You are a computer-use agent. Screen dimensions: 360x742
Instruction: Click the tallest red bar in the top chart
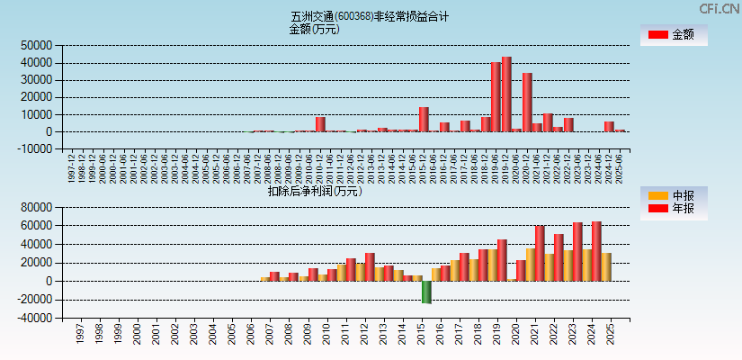click(x=506, y=94)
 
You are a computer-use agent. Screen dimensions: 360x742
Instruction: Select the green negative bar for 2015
click(x=426, y=292)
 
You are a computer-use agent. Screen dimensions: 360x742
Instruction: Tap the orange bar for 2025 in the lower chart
click(x=606, y=266)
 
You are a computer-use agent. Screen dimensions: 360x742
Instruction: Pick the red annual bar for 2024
click(x=595, y=251)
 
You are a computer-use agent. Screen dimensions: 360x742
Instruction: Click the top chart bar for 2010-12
click(x=320, y=124)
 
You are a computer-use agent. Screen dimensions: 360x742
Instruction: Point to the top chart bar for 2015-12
click(x=424, y=120)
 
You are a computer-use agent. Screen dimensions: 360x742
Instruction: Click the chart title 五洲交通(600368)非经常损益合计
click(x=370, y=16)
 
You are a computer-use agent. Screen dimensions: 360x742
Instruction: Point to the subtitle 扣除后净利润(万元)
click(x=314, y=191)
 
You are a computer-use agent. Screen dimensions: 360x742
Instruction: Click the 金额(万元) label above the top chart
click(x=314, y=29)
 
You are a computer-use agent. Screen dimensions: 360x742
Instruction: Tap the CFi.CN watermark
click(x=720, y=9)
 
